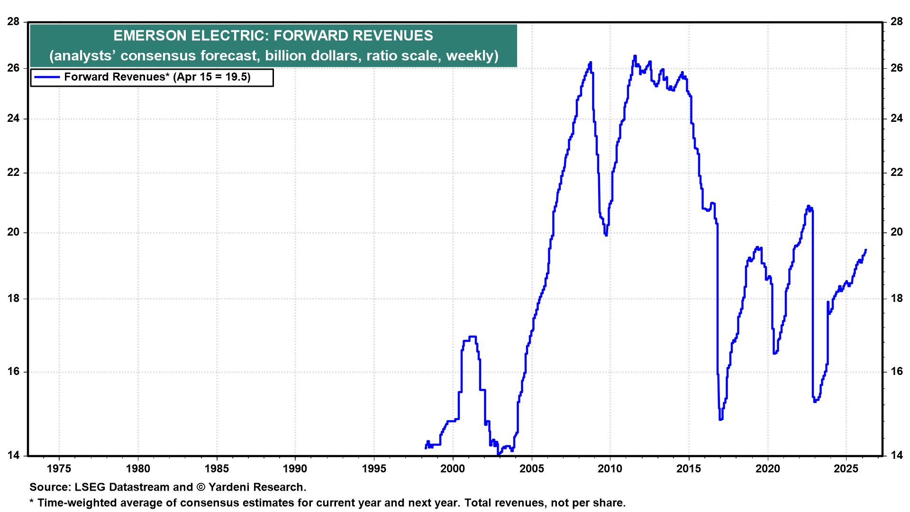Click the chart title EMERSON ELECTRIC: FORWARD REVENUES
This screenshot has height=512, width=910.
[x=273, y=36]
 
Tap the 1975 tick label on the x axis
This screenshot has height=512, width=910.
[x=59, y=469]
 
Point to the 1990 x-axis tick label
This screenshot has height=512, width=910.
[x=295, y=469]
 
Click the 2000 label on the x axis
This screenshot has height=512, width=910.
[x=453, y=469]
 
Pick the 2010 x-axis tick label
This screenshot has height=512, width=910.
[x=610, y=469]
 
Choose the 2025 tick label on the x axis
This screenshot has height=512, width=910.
[x=846, y=469]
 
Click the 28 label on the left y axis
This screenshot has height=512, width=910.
[x=13, y=22]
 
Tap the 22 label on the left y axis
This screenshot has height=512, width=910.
[x=13, y=173]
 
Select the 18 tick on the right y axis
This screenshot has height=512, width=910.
[x=896, y=299]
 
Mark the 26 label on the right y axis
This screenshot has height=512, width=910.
[x=896, y=68]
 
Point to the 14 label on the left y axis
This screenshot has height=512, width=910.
[x=13, y=456]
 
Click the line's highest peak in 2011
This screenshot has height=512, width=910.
[x=635, y=56]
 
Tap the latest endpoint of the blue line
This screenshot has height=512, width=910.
[x=865, y=250]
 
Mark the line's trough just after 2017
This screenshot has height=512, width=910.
[x=720, y=419]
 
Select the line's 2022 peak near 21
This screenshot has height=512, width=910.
[x=809, y=206]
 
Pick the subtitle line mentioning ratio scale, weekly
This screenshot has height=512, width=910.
[x=274, y=56]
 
